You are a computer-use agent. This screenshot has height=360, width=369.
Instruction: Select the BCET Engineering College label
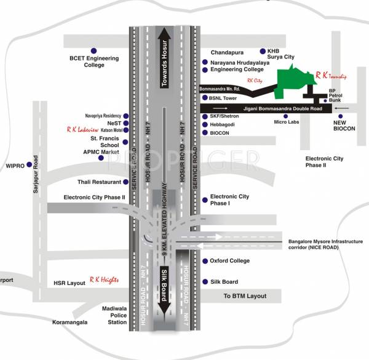[x=93, y=61]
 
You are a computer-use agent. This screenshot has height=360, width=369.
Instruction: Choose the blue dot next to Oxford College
[x=205, y=261]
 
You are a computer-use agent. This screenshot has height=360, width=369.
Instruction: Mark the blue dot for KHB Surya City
[x=263, y=50]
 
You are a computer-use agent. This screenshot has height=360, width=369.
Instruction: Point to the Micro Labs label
[x=285, y=122]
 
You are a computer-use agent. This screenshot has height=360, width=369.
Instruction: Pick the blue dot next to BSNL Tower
[x=205, y=97]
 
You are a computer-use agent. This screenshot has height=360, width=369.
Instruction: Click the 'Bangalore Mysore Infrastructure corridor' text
[x=326, y=245]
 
